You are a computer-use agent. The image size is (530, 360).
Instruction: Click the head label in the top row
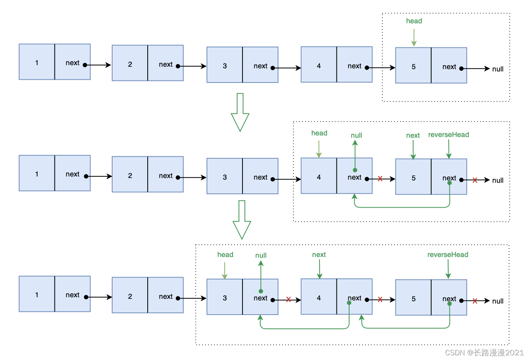(x=414, y=21)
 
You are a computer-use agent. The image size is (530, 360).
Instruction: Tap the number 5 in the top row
(x=413, y=67)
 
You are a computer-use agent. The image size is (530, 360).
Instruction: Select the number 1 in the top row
(x=37, y=62)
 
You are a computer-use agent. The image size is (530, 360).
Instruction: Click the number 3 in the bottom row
(x=225, y=298)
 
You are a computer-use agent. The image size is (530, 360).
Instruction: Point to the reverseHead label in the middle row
(x=449, y=135)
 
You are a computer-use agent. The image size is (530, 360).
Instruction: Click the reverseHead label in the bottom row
(x=448, y=255)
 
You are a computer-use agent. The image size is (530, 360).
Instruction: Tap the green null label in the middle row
(x=356, y=135)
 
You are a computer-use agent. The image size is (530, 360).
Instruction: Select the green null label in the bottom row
(x=261, y=255)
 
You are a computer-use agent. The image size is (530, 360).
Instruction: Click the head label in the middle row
(x=319, y=133)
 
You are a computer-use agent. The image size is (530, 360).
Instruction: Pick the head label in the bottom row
(x=225, y=255)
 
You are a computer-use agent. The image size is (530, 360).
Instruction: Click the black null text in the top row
(x=498, y=69)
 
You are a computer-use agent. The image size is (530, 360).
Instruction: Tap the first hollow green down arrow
(x=240, y=112)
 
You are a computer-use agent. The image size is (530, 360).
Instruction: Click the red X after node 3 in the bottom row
(x=288, y=300)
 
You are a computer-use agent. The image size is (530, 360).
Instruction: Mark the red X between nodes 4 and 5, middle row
(x=380, y=179)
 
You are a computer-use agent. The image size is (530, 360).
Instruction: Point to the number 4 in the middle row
(x=319, y=177)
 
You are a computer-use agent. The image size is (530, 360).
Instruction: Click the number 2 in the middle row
(x=130, y=176)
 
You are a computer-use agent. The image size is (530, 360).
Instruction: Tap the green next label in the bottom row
(x=319, y=255)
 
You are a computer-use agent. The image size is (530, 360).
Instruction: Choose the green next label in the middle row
(x=413, y=135)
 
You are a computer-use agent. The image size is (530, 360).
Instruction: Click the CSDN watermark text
(x=484, y=352)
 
